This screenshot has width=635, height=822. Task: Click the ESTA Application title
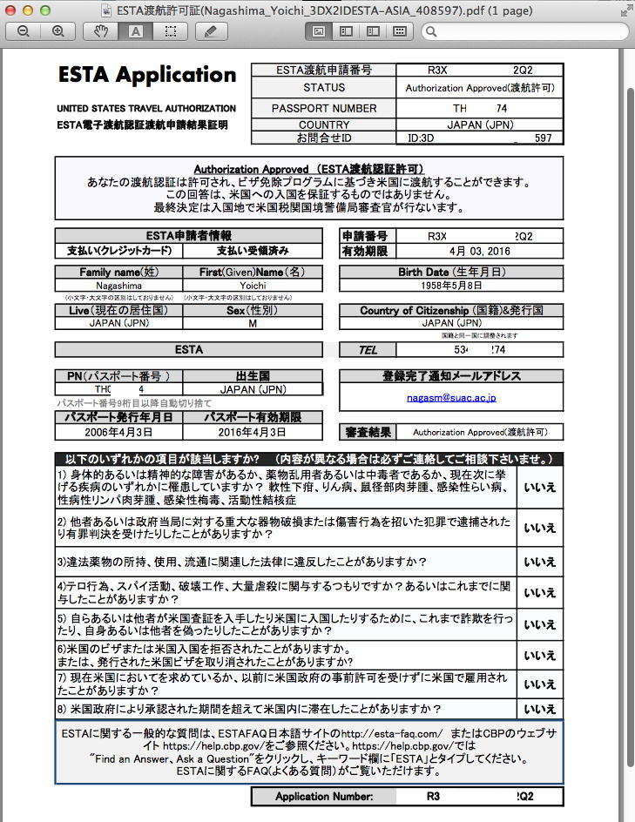147,75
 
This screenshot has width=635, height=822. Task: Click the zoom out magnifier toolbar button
24,31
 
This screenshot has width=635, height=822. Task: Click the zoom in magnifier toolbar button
57,31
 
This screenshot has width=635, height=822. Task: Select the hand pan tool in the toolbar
101,31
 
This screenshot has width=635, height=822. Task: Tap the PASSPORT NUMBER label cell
324,108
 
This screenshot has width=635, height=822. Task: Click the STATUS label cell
324,88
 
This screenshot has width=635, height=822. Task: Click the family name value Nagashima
118,286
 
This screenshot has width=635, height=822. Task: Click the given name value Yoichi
252,286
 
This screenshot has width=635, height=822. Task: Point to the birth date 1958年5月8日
451,286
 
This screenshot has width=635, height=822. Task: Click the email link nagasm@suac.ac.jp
451,397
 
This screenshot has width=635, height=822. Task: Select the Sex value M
252,323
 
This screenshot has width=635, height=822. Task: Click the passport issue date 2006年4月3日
118,432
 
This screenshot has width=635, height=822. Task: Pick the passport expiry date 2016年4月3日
252,432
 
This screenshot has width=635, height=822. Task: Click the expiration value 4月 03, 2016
480,251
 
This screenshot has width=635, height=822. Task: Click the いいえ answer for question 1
539,488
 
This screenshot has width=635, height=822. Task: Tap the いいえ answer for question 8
539,709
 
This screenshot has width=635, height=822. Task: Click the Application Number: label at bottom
324,796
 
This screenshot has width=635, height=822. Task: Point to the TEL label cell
368,350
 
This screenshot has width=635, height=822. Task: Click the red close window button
11,10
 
